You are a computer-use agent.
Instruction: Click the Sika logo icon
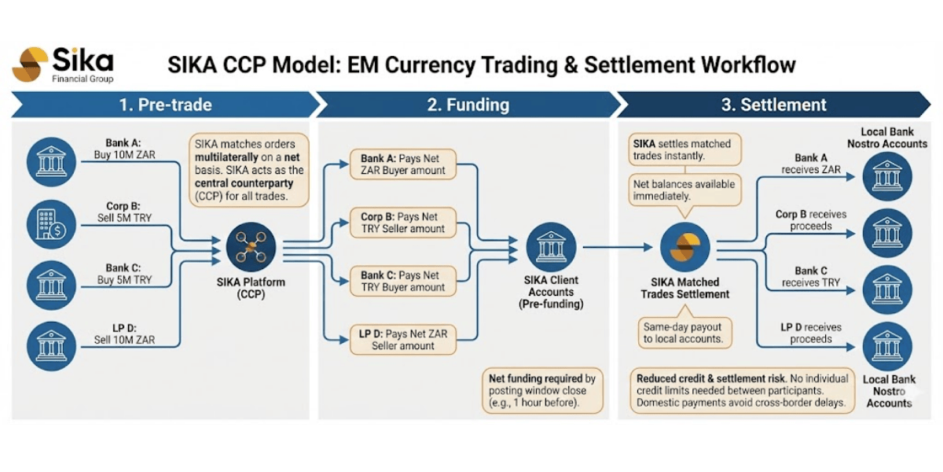[x=31, y=65]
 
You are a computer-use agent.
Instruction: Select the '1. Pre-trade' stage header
[x=164, y=105]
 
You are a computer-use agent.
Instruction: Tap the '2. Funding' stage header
[x=468, y=105]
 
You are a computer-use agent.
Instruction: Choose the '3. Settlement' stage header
[x=773, y=105]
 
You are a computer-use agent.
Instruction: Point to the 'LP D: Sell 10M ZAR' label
[x=129, y=334]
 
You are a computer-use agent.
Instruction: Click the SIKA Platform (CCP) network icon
[x=251, y=246]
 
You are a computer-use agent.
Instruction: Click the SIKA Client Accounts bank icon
[x=550, y=246]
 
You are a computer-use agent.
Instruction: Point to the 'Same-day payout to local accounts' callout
[x=684, y=333]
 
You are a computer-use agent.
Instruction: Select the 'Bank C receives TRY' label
[x=806, y=276]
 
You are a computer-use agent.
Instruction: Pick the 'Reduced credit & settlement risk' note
[x=742, y=390]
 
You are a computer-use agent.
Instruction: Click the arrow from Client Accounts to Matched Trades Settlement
[x=617, y=247]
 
